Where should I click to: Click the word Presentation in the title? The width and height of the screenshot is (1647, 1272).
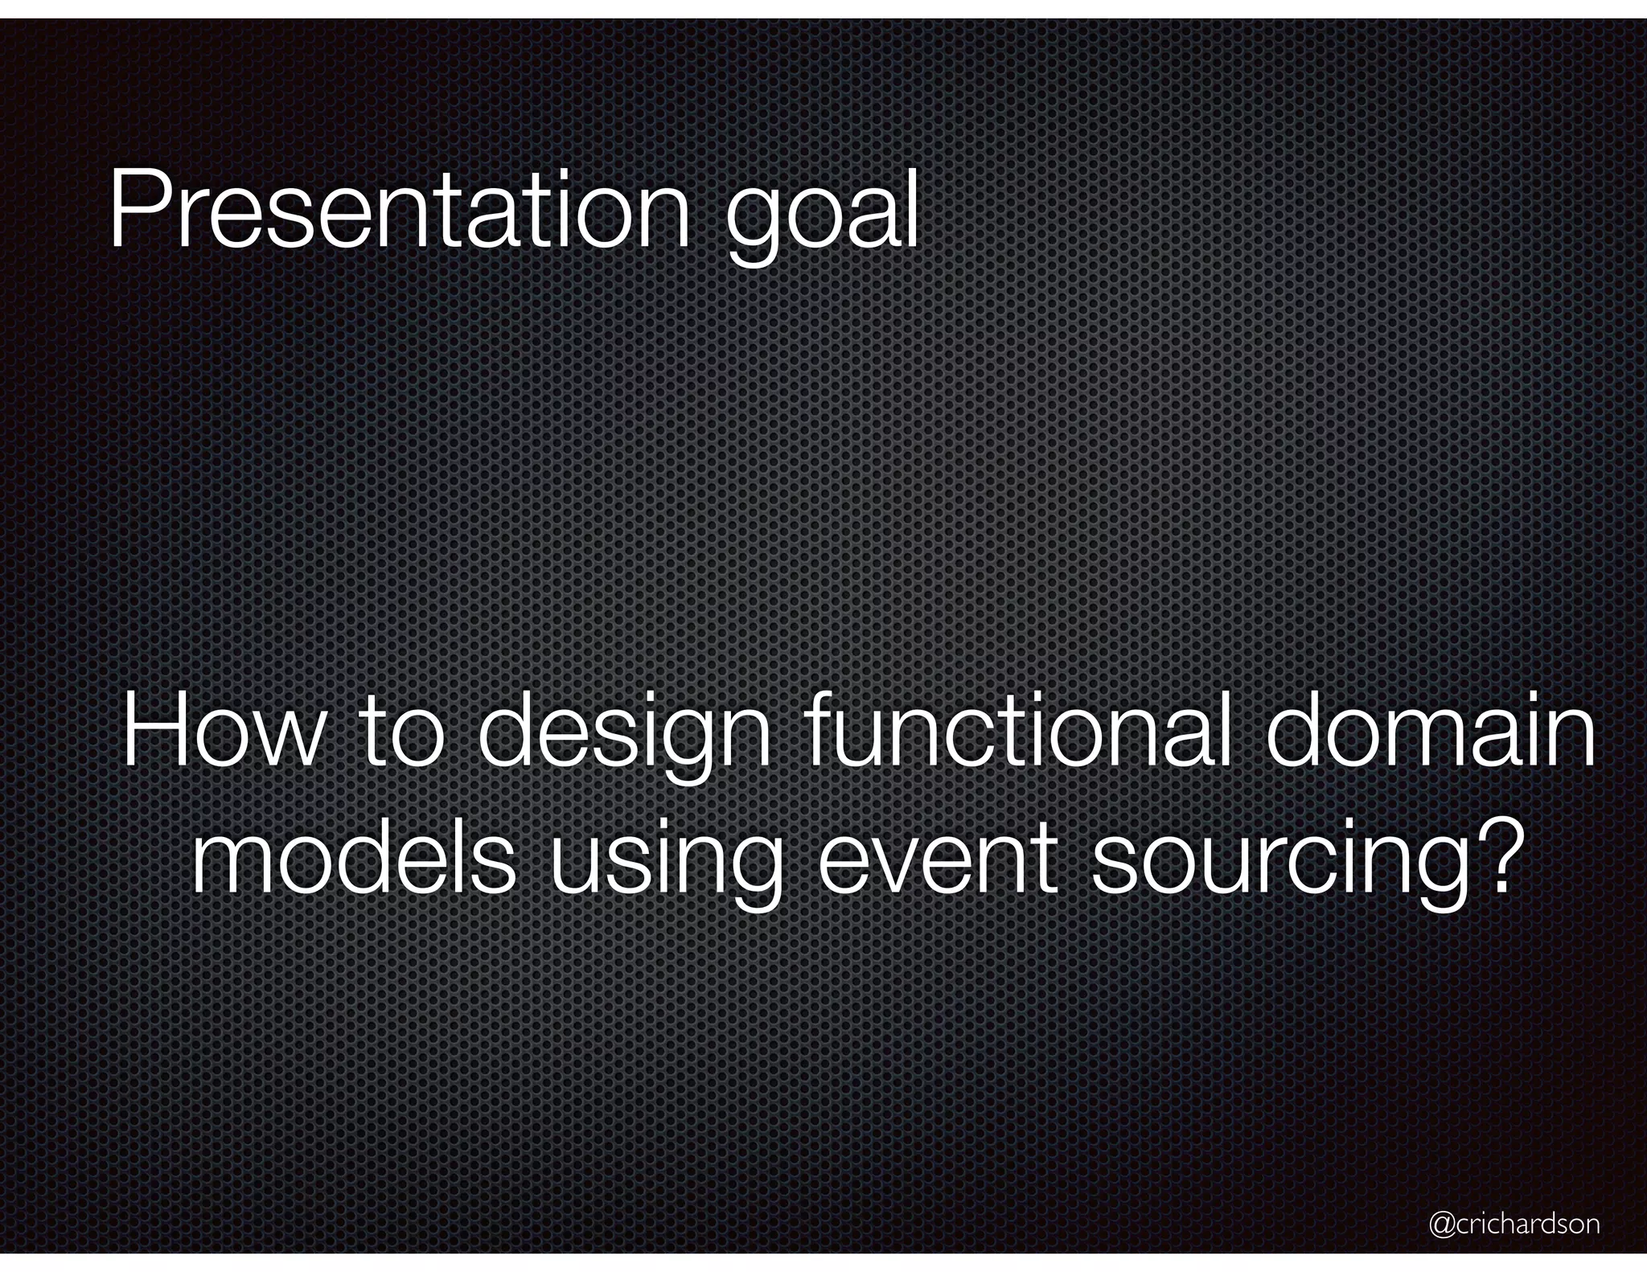point(399,211)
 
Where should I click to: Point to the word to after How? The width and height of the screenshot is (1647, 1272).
point(400,735)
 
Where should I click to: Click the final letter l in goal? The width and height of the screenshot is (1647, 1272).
point(911,207)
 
